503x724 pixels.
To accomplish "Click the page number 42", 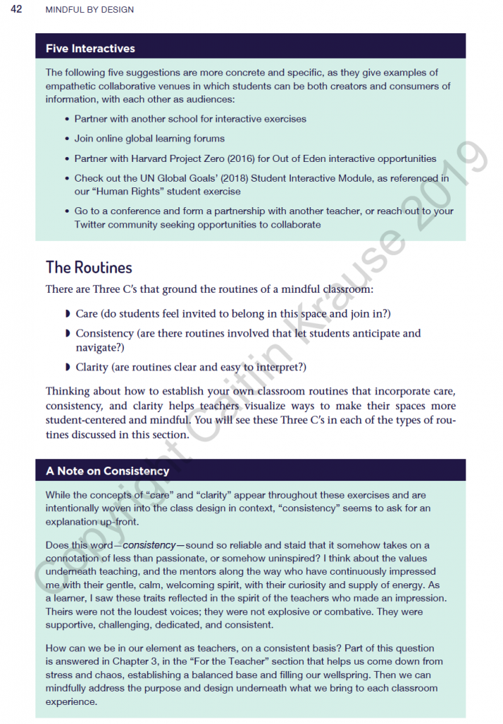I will coord(16,9).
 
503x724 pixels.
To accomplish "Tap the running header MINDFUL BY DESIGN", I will coord(89,10).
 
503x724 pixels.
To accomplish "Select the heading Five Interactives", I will coord(90,49).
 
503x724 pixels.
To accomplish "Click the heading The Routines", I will coord(88,267).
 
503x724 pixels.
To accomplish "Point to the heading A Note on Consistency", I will coord(108,471).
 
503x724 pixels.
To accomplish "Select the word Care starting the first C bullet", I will coord(88,313).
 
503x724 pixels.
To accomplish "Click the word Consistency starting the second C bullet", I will coord(104,333).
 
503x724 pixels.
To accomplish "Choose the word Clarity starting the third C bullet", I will coord(92,367).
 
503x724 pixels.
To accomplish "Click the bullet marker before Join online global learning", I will coord(67,139).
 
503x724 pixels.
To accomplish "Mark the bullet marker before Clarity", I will coord(67,367).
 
